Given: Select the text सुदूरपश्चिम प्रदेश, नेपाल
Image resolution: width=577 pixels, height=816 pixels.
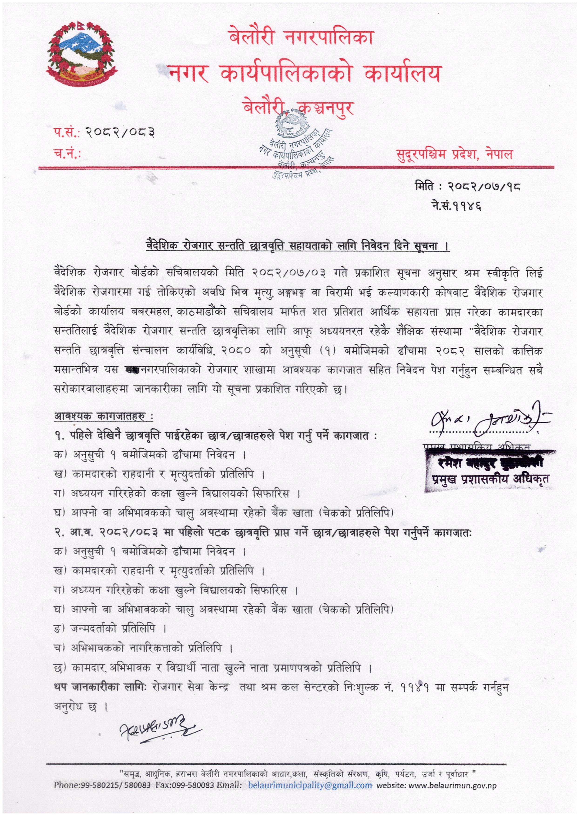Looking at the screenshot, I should (x=455, y=154).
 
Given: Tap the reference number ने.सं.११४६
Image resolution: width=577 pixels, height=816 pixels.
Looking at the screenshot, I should (x=456, y=206).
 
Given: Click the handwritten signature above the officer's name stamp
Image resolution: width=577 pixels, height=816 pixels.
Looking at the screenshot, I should (x=486, y=419).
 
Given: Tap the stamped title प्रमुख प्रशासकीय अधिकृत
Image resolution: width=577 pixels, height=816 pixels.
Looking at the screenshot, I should (x=490, y=479).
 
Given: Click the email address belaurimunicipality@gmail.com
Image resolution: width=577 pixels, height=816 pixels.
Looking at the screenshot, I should (x=310, y=785).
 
